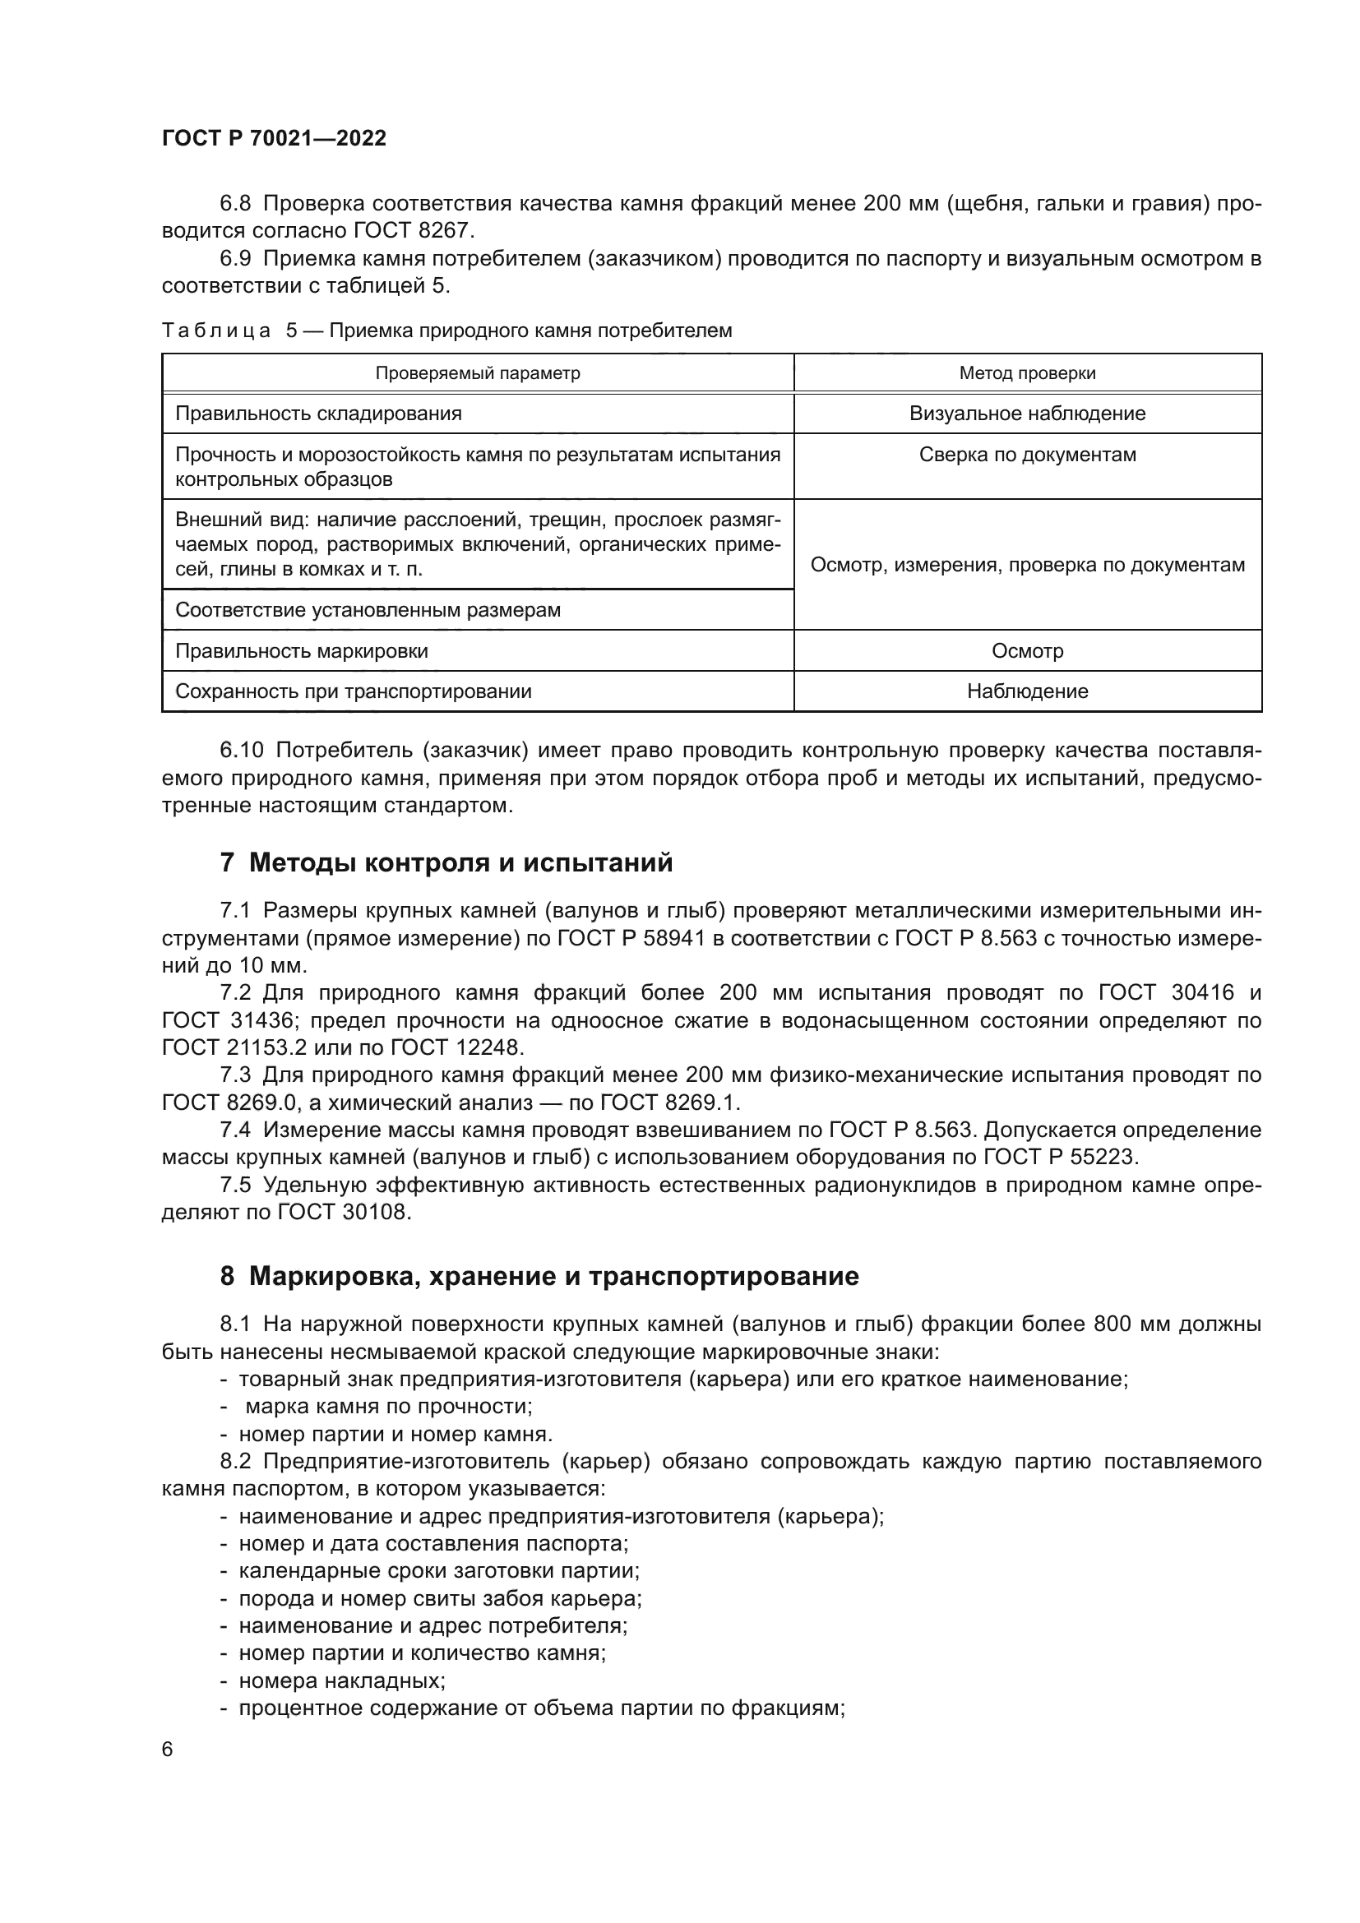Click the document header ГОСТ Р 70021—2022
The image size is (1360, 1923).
(x=274, y=138)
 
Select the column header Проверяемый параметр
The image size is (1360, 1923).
(x=478, y=372)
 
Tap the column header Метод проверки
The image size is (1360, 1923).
(x=1027, y=372)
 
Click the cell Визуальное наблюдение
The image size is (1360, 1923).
(x=1027, y=413)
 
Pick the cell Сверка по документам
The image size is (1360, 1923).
(x=1027, y=455)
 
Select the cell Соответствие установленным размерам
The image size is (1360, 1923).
(x=368, y=610)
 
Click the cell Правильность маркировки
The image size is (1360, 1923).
(x=302, y=651)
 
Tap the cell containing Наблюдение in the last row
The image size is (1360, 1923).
(x=1027, y=691)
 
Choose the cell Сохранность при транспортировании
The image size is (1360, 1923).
(x=353, y=691)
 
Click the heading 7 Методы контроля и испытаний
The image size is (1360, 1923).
(x=446, y=862)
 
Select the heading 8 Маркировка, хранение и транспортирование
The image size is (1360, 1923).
(x=539, y=1276)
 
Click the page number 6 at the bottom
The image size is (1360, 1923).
(x=168, y=1749)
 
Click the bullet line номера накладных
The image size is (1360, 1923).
(x=342, y=1681)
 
